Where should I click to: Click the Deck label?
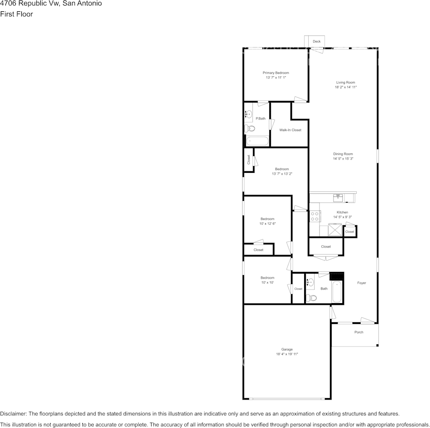[316, 42]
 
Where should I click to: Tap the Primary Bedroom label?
[276, 73]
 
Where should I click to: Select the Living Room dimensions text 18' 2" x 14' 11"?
[345, 87]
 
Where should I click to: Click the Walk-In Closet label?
[290, 130]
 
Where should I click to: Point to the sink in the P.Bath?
[249, 114]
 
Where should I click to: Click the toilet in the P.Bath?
[249, 128]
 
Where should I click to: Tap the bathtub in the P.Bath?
[257, 141]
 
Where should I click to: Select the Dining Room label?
[343, 154]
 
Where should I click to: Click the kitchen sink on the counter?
[338, 198]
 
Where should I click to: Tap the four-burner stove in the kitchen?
[315, 216]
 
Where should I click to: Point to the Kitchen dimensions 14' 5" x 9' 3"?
[342, 217]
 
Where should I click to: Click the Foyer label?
[362, 283]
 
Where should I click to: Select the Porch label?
[358, 332]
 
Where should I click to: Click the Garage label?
[287, 349]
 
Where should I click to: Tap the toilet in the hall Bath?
[311, 298]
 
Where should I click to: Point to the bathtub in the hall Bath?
[337, 292]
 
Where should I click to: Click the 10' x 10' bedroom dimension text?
[268, 282]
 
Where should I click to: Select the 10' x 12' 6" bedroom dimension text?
[268, 224]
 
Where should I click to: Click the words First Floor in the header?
[16, 14]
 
